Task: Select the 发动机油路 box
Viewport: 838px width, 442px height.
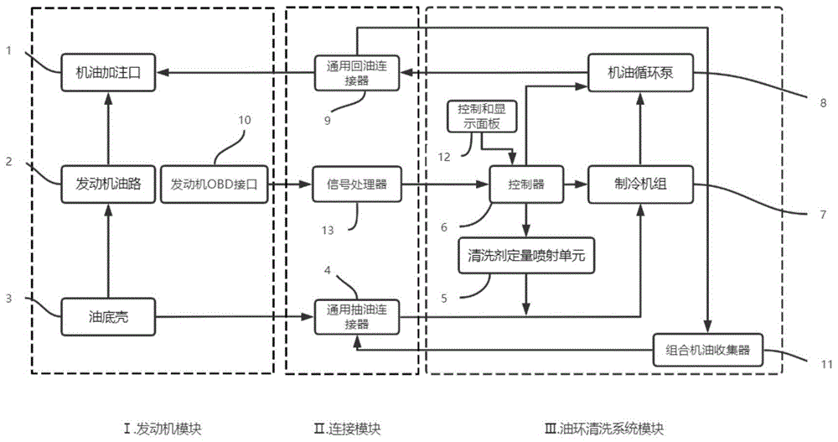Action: pyautogui.click(x=107, y=185)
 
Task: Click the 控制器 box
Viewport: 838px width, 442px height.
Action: pyautogui.click(x=526, y=185)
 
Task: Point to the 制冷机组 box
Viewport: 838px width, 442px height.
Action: pyautogui.click(x=641, y=185)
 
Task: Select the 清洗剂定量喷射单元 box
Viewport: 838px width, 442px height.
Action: pyautogui.click(x=526, y=257)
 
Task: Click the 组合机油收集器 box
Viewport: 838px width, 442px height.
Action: pyautogui.click(x=708, y=350)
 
